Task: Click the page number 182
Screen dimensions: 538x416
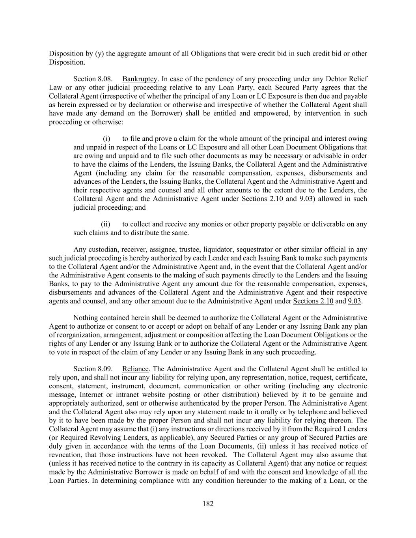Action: [x=208, y=503]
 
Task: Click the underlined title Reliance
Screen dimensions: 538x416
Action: [x=135, y=369]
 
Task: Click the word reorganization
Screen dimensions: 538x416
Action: [x=76, y=335]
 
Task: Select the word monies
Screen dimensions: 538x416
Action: [x=211, y=224]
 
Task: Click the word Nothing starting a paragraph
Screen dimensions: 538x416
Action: [x=85, y=318]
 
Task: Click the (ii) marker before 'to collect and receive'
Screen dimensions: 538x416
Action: [x=106, y=224]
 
